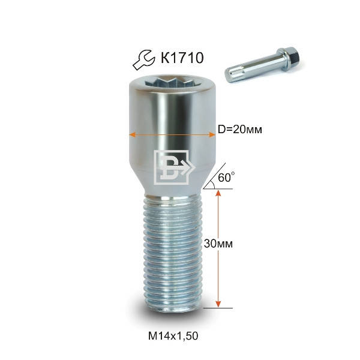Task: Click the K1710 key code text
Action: tap(182, 58)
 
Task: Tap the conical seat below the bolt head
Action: tap(172, 180)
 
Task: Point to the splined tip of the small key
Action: tap(232, 75)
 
